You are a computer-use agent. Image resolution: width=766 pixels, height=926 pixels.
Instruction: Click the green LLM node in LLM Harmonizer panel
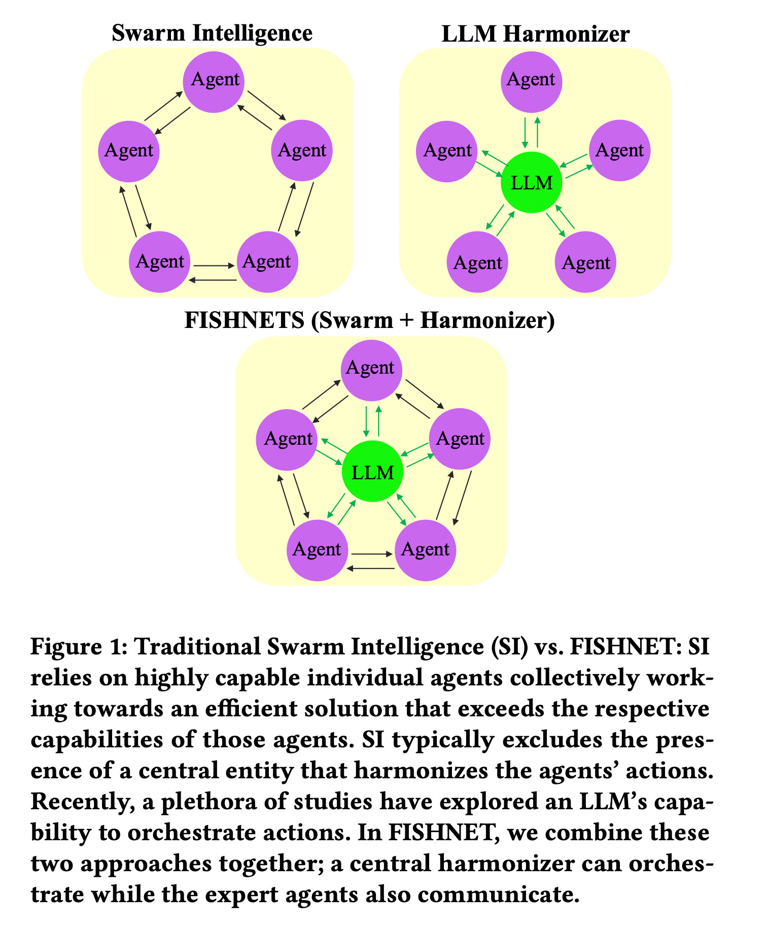tap(531, 183)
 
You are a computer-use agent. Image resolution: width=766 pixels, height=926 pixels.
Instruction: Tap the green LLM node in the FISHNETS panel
tap(373, 472)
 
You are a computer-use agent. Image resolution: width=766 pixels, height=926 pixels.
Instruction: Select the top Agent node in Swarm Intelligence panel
tap(215, 80)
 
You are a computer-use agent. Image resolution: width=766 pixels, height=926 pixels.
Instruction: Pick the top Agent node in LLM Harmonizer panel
tap(531, 80)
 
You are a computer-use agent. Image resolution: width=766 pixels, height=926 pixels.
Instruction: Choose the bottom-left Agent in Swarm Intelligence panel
tap(160, 262)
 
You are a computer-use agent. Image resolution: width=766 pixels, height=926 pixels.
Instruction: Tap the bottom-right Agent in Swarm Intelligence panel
tap(267, 262)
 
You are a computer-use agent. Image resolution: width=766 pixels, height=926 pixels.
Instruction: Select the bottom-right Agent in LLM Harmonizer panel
tap(586, 262)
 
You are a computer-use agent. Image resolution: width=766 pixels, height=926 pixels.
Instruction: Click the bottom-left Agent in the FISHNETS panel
tap(317, 550)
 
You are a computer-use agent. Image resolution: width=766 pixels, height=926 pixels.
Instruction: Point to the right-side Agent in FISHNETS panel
tap(460, 439)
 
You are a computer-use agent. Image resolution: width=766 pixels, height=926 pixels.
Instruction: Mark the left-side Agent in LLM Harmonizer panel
tap(447, 151)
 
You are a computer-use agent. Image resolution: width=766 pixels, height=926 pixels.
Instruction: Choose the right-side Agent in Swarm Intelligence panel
tap(302, 151)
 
